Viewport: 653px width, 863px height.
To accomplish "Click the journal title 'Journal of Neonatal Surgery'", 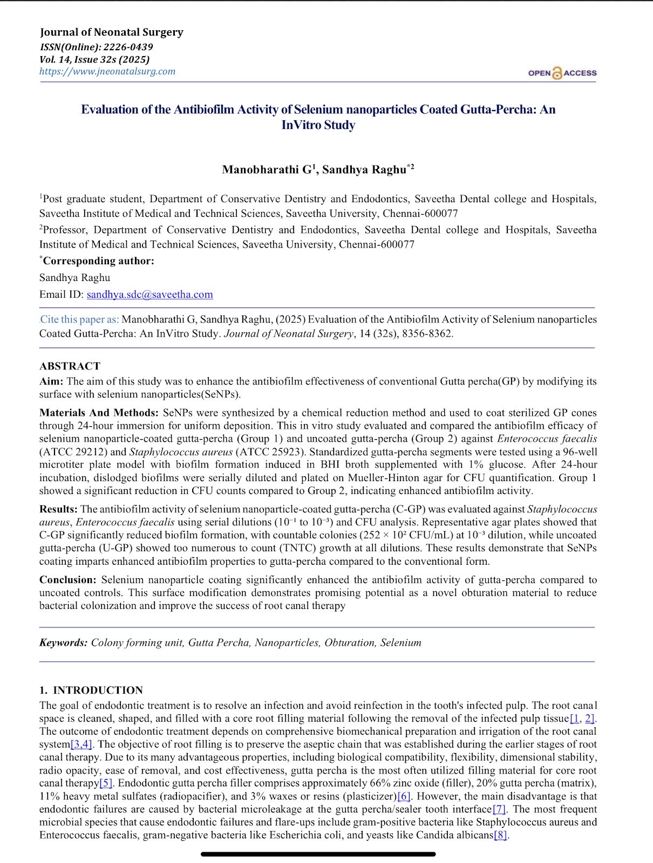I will pyautogui.click(x=111, y=32).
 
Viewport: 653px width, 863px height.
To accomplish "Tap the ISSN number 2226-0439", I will pyautogui.click(x=128, y=46).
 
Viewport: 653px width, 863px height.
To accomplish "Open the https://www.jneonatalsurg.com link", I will pyautogui.click(x=107, y=71).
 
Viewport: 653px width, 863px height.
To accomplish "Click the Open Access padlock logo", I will pyautogui.click(x=557, y=73).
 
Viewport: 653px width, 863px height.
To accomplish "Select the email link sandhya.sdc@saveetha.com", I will pyautogui.click(x=149, y=294).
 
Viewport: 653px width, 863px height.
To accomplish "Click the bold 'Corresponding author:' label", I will pyautogui.click(x=98, y=261).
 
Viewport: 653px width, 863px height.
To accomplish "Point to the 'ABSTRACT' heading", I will pyautogui.click(x=70, y=366).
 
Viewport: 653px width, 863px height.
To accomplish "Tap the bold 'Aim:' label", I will pyautogui.click(x=51, y=381).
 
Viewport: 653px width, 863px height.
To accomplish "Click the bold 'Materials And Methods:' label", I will pyautogui.click(x=99, y=413).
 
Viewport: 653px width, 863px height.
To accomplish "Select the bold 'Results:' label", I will pyautogui.click(x=58, y=509).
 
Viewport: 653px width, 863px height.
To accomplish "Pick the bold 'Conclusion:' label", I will pyautogui.click(x=68, y=580).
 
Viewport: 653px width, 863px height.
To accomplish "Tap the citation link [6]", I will pyautogui.click(x=404, y=796).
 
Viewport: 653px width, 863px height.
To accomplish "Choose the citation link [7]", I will pyautogui.click(x=499, y=809).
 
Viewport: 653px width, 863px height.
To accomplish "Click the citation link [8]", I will pyautogui.click(x=501, y=835).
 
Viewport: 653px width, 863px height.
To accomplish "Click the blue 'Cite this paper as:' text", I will pyautogui.click(x=79, y=319).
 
